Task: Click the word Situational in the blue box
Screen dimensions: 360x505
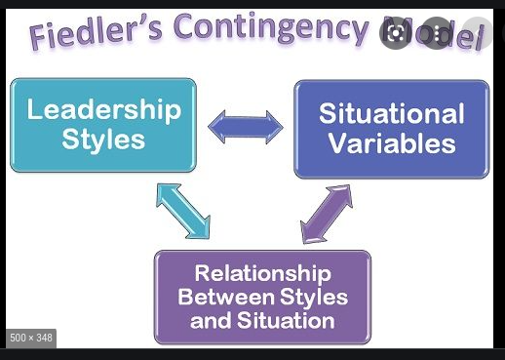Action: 392,113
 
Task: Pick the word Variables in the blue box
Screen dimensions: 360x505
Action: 392,144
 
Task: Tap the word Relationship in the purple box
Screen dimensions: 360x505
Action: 262,273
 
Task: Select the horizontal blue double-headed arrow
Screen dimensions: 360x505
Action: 245,126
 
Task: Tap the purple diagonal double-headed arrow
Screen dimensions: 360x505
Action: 326,212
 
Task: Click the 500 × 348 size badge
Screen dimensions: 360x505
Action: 31,338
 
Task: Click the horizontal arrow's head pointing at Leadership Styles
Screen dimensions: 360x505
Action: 215,126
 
